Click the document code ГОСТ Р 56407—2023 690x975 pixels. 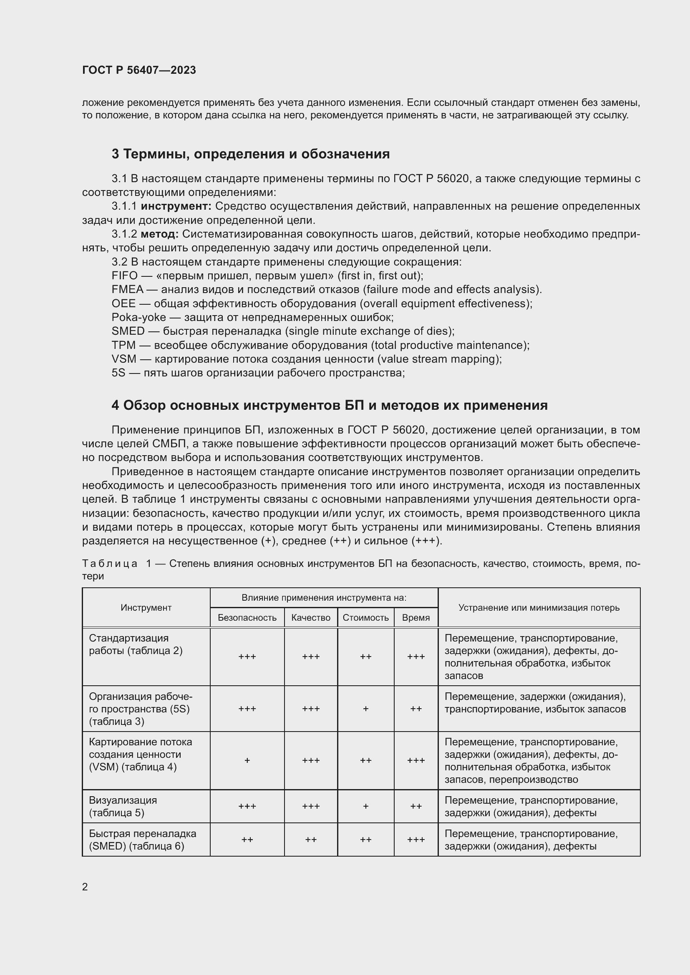point(139,70)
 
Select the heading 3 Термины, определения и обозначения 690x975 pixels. point(250,154)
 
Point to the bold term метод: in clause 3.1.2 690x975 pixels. point(159,234)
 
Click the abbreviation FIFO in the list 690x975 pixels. point(124,276)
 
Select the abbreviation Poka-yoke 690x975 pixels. point(139,317)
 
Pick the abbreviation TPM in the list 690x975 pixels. point(123,345)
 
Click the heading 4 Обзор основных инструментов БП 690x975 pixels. point(329,405)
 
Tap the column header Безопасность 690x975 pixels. point(247,617)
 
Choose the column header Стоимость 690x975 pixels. point(365,617)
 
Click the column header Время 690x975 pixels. point(416,617)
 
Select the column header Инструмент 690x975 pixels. point(146,607)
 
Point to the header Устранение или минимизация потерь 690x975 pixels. point(539,607)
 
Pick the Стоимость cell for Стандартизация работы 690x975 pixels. point(365,657)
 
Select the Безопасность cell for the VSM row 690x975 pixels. point(247,760)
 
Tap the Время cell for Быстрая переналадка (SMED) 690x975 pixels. point(416,840)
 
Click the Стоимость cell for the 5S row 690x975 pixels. point(365,708)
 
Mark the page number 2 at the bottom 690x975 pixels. point(85,887)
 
